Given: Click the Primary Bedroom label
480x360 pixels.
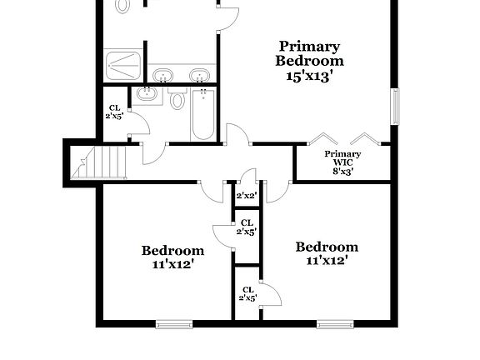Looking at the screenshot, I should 310,60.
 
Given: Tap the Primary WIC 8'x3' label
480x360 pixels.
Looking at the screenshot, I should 342,162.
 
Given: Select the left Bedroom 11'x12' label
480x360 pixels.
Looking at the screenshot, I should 172,257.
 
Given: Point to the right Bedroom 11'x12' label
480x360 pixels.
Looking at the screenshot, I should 327,253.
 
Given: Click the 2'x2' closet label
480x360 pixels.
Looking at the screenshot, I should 246,196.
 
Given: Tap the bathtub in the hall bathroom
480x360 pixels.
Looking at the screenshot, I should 202,114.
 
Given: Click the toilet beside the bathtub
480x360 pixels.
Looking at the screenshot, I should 177,101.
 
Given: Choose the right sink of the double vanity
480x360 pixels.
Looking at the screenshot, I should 198,76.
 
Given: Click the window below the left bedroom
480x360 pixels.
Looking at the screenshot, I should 174,323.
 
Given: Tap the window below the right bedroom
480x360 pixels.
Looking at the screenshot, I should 335,323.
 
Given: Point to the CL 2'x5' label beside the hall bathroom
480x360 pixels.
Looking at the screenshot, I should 115,112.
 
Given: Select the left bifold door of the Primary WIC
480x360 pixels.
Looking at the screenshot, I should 320,138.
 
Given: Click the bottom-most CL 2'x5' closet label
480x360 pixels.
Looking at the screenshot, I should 247,293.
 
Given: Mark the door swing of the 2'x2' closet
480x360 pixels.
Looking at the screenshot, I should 247,177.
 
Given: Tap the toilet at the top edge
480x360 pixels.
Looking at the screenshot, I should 124,5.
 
